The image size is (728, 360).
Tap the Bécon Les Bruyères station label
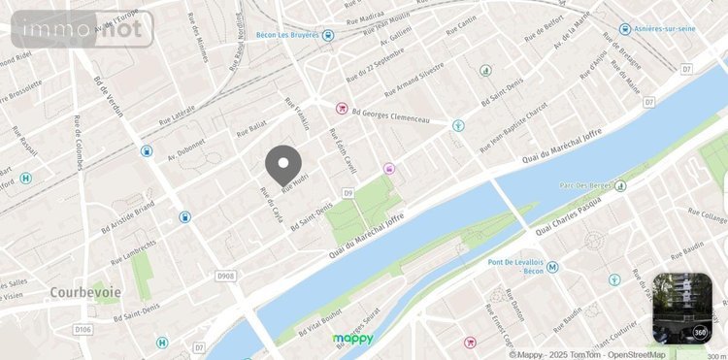point(284,35)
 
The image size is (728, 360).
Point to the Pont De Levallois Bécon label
point(524,268)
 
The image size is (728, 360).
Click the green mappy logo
point(352,339)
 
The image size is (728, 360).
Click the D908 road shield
point(225,278)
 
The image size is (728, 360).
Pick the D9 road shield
point(347,194)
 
